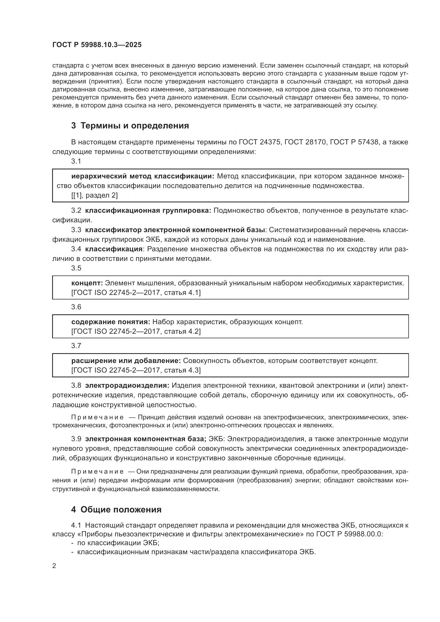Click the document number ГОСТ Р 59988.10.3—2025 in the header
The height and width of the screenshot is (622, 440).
click(x=97, y=45)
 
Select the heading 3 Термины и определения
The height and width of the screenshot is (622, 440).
click(x=130, y=126)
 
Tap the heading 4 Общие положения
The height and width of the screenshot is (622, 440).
click(x=116, y=510)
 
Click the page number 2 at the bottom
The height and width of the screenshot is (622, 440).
click(x=54, y=566)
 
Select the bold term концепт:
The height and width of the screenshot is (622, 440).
click(x=87, y=283)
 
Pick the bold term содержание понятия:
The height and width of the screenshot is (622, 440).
click(x=111, y=322)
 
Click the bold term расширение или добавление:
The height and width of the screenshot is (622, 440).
click(x=126, y=361)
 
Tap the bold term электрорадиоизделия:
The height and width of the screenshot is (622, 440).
click(x=127, y=385)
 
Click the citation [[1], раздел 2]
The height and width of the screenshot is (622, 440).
click(x=94, y=195)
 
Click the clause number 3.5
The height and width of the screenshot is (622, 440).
click(x=76, y=268)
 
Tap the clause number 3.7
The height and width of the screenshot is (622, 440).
click(x=76, y=346)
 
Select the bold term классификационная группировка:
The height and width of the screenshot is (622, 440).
click(x=148, y=211)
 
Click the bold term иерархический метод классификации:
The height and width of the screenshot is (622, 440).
click(x=143, y=176)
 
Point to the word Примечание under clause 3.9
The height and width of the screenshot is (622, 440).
click(x=98, y=471)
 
